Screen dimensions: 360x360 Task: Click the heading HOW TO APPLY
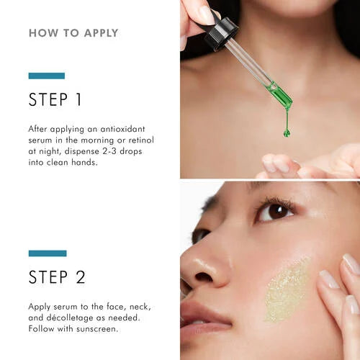[x=73, y=33]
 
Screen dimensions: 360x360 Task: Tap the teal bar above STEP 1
[x=47, y=76]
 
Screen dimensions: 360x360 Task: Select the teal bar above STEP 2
[x=48, y=253]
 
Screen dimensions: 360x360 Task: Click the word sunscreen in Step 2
[x=96, y=329]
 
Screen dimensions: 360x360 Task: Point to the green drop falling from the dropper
[x=287, y=131]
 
